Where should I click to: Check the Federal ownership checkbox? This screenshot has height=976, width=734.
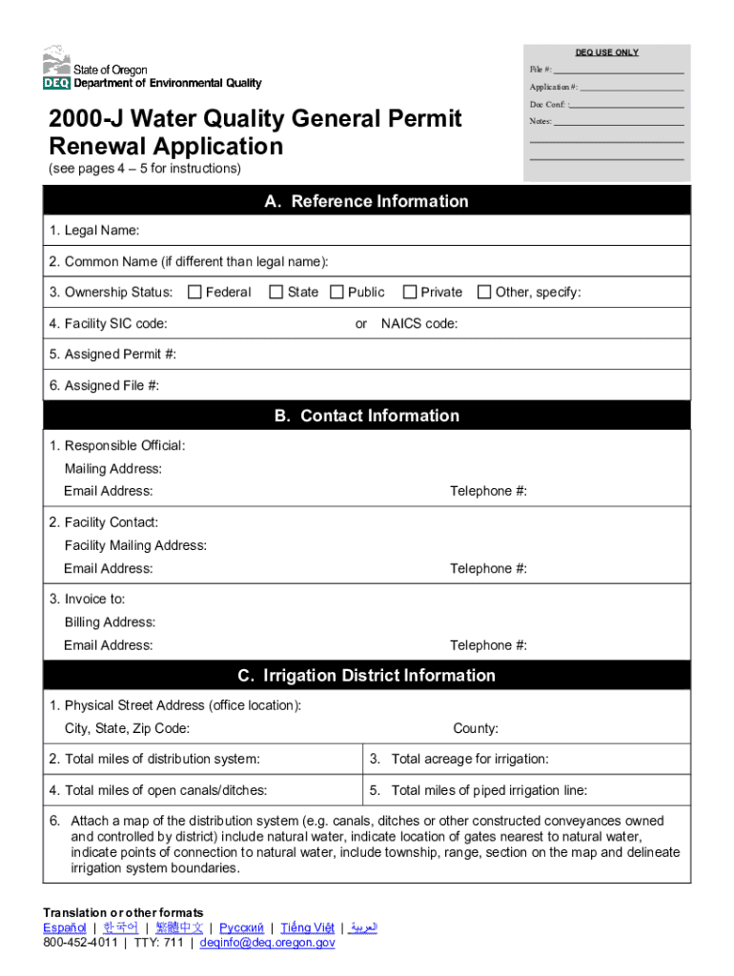pos(195,292)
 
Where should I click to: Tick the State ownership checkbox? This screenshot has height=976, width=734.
pos(276,292)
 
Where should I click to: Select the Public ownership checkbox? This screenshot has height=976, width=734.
pos(336,292)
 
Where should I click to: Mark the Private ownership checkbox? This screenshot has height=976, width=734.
pos(410,292)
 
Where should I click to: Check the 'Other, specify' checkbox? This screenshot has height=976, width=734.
pos(484,292)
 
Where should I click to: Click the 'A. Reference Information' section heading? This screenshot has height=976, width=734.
pos(366,201)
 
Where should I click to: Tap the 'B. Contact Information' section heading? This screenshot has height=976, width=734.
pos(366,416)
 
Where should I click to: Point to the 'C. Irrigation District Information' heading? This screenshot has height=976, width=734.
pos(366,676)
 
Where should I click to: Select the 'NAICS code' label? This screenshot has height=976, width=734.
pos(418,324)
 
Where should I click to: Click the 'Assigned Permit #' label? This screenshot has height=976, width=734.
pos(112,355)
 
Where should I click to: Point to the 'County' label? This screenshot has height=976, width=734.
pos(475,729)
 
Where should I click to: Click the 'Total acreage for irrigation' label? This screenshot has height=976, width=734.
pos(469,760)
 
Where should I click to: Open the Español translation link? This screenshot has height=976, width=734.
pos(65,927)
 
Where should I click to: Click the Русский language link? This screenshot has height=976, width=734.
pos(241,927)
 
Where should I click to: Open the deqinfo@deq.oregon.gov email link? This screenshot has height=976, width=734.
pos(267,942)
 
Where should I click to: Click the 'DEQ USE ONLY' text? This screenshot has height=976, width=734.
pos(606,52)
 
